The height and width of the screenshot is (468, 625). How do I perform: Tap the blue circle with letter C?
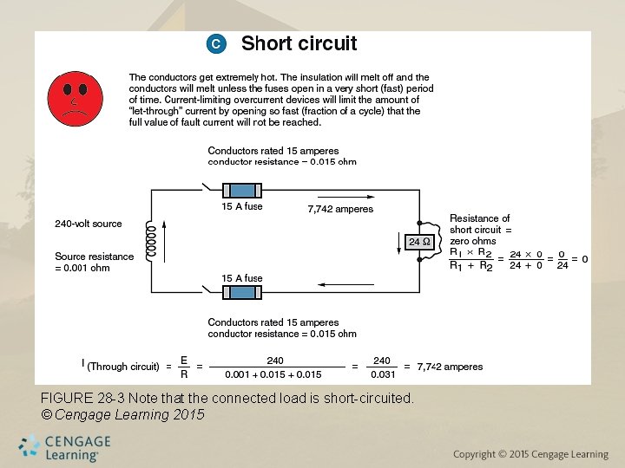(x=216, y=43)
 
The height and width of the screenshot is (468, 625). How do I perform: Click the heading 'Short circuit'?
(x=299, y=43)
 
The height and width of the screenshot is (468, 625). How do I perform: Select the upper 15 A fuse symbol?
(x=242, y=191)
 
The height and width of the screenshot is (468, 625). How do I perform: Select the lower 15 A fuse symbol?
(x=242, y=293)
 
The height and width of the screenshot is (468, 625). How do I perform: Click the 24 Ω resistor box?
(x=419, y=243)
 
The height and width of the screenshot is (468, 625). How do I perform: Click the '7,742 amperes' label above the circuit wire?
(x=340, y=209)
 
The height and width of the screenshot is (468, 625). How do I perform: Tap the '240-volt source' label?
(x=89, y=224)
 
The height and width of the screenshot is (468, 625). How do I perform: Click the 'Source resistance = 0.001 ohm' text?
(x=94, y=262)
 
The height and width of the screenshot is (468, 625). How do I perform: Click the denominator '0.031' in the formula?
(x=382, y=374)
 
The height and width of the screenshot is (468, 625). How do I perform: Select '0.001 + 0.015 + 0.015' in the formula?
(x=274, y=374)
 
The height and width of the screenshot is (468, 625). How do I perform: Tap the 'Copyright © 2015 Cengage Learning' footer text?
(x=531, y=454)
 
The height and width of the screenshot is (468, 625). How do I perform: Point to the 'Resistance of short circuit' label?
(x=480, y=224)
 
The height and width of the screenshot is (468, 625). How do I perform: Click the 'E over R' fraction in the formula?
(x=183, y=367)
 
